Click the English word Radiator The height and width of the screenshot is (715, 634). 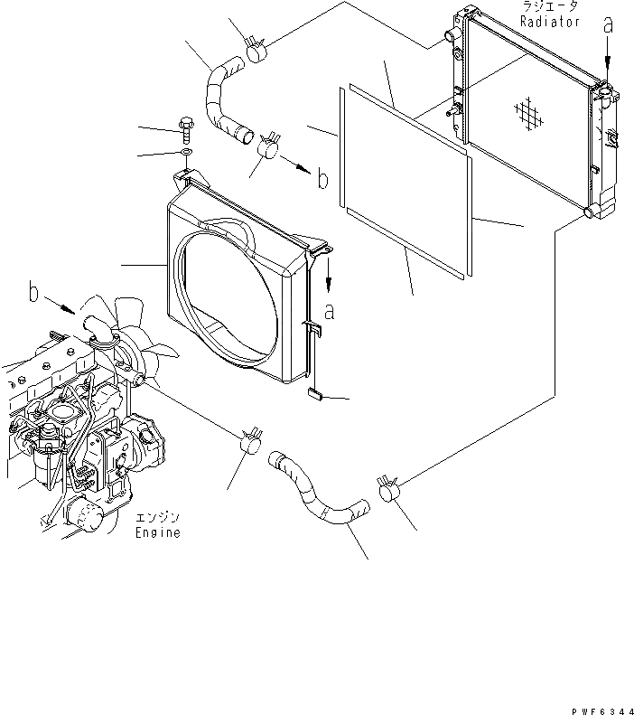click(550, 21)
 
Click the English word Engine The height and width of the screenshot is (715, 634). click(158, 533)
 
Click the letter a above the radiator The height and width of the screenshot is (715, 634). click(608, 28)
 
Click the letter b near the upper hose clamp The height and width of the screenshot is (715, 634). click(322, 179)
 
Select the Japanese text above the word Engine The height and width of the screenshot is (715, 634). click(158, 518)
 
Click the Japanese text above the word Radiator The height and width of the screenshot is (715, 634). click(549, 7)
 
